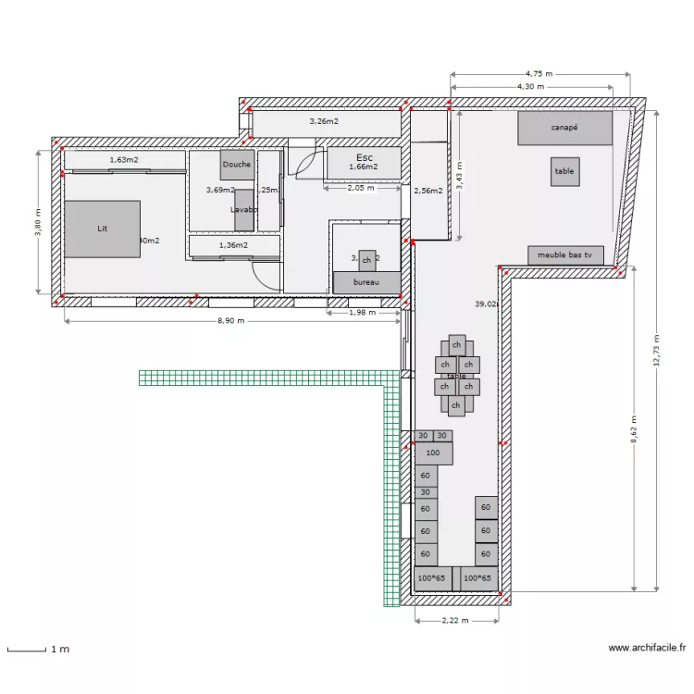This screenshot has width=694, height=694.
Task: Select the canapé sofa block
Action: pyautogui.click(x=564, y=128)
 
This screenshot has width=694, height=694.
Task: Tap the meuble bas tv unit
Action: pyautogui.click(x=564, y=254)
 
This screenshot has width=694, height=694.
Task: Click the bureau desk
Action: pyautogui.click(x=366, y=282)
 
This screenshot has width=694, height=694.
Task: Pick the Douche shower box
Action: pyautogui.click(x=235, y=165)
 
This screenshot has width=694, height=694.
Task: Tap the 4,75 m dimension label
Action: pyautogui.click(x=538, y=73)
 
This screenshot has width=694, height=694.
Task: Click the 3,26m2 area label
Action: pyautogui.click(x=323, y=121)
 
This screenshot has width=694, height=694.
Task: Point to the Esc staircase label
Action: pyautogui.click(x=364, y=157)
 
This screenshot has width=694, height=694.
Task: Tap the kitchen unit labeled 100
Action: pyautogui.click(x=433, y=453)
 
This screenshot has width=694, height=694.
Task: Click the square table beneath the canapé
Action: pyautogui.click(x=564, y=171)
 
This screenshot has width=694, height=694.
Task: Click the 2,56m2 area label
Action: pyautogui.click(x=428, y=191)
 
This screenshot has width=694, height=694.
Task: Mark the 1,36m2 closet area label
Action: pyautogui.click(x=234, y=245)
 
